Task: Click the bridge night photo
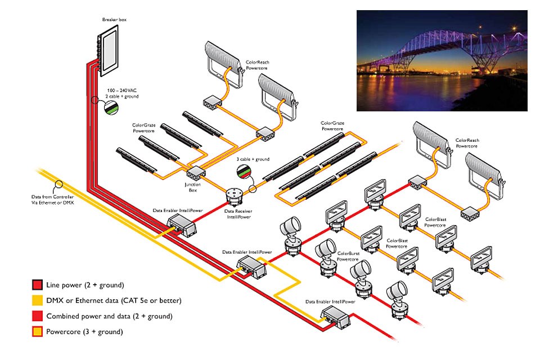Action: [x=442, y=60]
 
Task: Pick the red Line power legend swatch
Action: [x=38, y=285]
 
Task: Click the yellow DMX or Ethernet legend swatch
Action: [x=38, y=300]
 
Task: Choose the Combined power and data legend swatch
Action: [x=38, y=316]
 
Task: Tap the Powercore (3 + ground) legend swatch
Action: [x=38, y=332]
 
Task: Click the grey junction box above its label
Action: [x=194, y=174]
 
